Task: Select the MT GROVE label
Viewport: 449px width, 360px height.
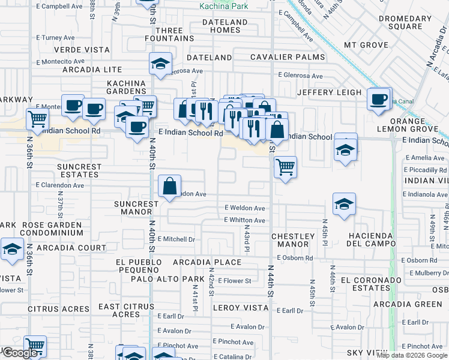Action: (366, 45)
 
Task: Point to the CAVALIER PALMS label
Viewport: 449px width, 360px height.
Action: (288, 58)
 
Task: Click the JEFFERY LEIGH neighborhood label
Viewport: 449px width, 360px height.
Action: (330, 92)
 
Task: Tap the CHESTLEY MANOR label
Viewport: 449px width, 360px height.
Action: (293, 241)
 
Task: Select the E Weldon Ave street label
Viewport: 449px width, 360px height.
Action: (245, 208)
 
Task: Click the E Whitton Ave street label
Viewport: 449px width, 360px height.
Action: (244, 220)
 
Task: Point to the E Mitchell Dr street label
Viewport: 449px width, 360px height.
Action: (176, 239)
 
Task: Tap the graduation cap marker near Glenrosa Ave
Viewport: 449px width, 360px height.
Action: (160, 64)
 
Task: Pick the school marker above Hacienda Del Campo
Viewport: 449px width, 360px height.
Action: (344, 205)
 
